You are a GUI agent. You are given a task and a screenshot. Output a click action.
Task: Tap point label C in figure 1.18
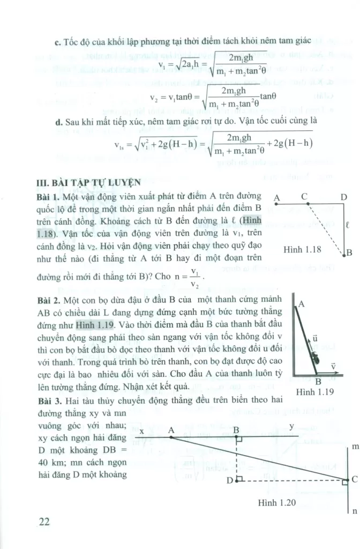(x=304, y=197)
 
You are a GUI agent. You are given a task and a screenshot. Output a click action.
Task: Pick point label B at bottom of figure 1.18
(x=349, y=253)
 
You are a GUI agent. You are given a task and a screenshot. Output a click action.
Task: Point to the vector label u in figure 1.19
(x=315, y=338)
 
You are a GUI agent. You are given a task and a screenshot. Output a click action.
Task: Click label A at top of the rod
(x=301, y=304)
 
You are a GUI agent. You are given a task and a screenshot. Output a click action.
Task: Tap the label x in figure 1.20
(x=141, y=431)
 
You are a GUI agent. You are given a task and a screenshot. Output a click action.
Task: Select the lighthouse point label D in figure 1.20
(x=229, y=480)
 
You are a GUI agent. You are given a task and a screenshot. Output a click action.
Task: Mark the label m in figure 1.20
(x=354, y=446)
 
